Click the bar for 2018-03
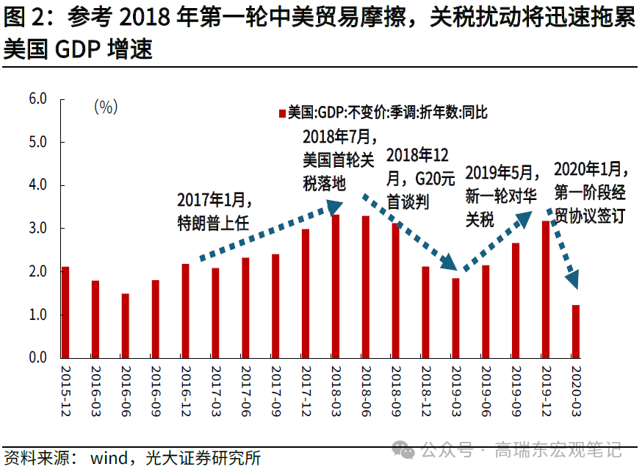point(336,287)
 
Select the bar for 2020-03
point(576,332)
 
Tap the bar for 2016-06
point(126,326)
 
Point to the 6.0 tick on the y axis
point(37,99)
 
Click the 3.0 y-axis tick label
point(37,229)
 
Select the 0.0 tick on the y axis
point(37,358)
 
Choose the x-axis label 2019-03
point(456,390)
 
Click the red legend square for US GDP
point(281,113)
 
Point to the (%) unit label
point(105,107)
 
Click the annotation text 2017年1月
point(214,200)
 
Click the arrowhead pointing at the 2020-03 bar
point(572,279)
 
